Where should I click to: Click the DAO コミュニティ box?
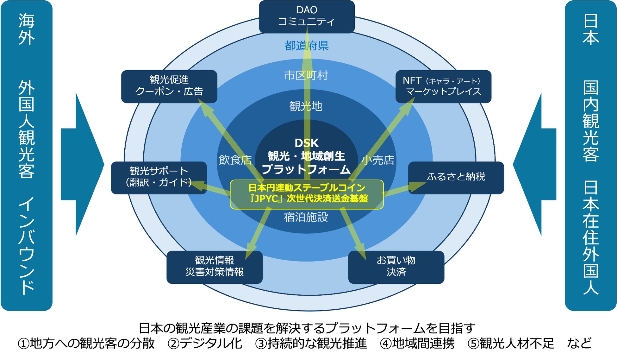click(x=307, y=16)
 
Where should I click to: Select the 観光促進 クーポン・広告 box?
click(x=169, y=86)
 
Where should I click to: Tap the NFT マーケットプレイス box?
click(x=443, y=86)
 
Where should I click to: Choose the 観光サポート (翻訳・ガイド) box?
click(x=159, y=177)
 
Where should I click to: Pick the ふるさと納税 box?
click(x=456, y=177)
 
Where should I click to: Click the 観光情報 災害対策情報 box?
click(x=214, y=267)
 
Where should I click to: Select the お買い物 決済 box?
click(x=396, y=267)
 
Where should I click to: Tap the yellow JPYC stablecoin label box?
click(x=307, y=194)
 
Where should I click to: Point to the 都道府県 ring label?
click(x=307, y=46)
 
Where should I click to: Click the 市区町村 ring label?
click(x=306, y=76)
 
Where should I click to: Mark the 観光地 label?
click(x=306, y=106)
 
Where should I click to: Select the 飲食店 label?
click(x=235, y=160)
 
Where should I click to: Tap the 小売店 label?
click(x=378, y=160)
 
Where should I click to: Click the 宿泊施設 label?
click(x=306, y=217)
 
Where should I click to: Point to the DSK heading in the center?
click(x=307, y=143)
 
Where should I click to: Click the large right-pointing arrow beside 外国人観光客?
click(x=82, y=164)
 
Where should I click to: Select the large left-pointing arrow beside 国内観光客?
click(x=535, y=164)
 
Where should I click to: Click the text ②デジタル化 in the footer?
click(x=205, y=344)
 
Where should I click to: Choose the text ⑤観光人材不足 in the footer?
click(x=511, y=344)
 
